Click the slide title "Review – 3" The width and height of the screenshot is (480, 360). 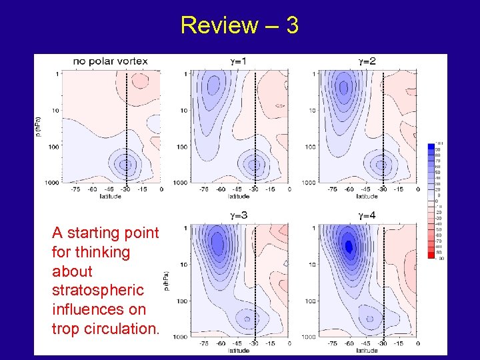coord(239,25)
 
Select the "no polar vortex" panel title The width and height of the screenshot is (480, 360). coord(111,61)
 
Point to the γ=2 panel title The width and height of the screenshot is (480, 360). coord(367,61)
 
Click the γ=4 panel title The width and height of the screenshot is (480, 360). coord(367,215)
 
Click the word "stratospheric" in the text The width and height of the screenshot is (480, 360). coord(97,291)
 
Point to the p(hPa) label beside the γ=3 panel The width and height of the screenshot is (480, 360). coord(166,281)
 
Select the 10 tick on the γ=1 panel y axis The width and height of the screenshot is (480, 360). coord(183,110)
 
